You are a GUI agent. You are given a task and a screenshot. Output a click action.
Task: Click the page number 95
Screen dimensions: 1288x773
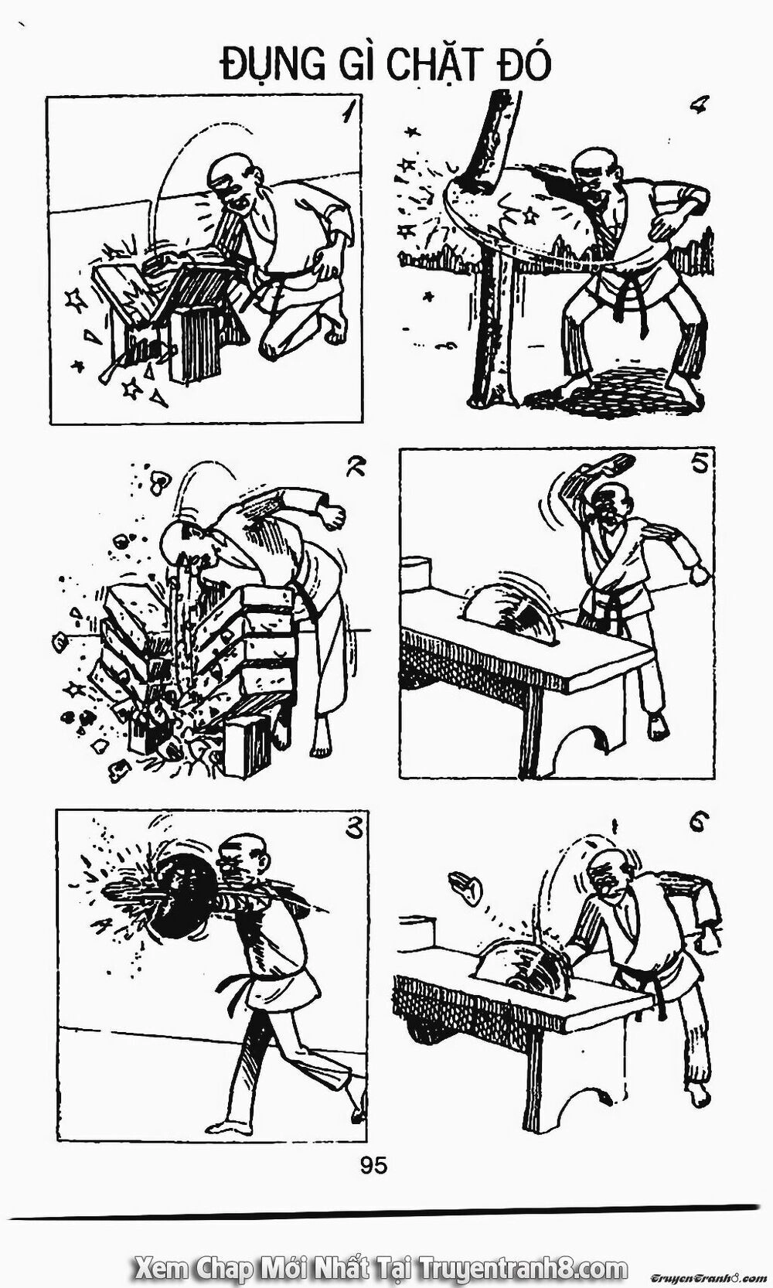[375, 1165]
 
